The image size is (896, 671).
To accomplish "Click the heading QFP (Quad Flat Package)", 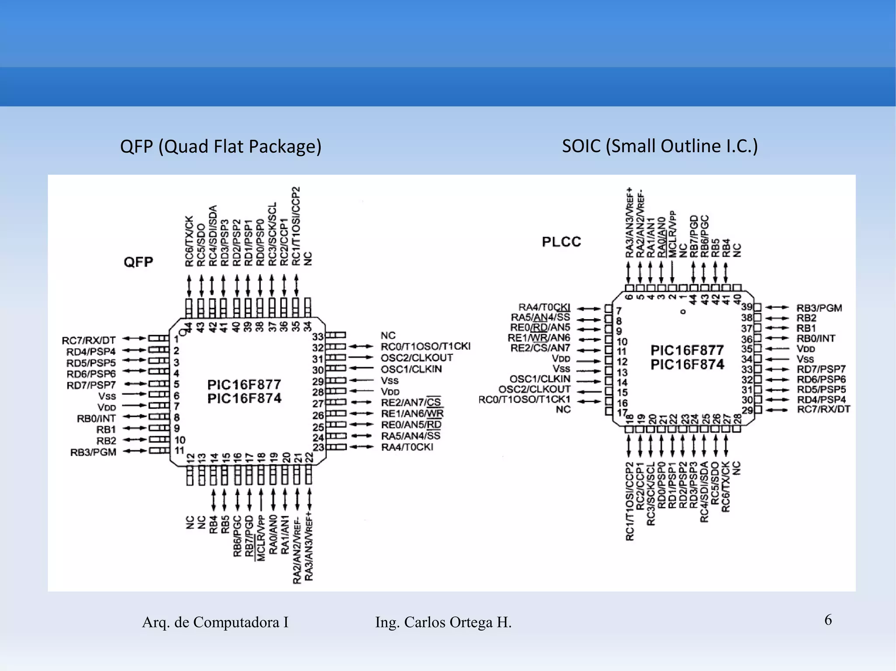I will pyautogui.click(x=220, y=146).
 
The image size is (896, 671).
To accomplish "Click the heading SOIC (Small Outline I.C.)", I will pyautogui.click(x=659, y=146).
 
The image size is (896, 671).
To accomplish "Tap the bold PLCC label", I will pyautogui.click(x=561, y=242).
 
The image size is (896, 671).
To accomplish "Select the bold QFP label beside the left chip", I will pyautogui.click(x=138, y=262).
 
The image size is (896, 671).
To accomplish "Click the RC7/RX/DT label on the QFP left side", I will pyautogui.click(x=89, y=340).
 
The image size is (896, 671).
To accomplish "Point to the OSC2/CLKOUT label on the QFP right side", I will pyautogui.click(x=416, y=358).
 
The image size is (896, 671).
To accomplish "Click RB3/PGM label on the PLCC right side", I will pyautogui.click(x=819, y=308).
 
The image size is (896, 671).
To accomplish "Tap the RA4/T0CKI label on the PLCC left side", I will pyautogui.click(x=544, y=307).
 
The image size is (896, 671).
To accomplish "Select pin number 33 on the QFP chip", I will pyautogui.click(x=318, y=337).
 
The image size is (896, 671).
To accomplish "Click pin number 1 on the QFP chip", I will pyautogui.click(x=176, y=340).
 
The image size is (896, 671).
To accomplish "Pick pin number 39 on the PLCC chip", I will pyautogui.click(x=747, y=307).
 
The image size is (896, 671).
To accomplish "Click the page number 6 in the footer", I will pyautogui.click(x=828, y=620).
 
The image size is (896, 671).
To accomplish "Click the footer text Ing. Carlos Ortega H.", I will pyautogui.click(x=443, y=622).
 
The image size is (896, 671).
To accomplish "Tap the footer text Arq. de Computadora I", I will pyautogui.click(x=215, y=622).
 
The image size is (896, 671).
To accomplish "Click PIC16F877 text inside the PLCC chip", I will pyautogui.click(x=687, y=350).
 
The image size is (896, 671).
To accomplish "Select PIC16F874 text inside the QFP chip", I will pyautogui.click(x=244, y=398).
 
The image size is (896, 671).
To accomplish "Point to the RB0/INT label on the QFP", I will pyautogui.click(x=96, y=418).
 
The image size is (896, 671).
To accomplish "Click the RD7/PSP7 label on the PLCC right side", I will pyautogui.click(x=821, y=369).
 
